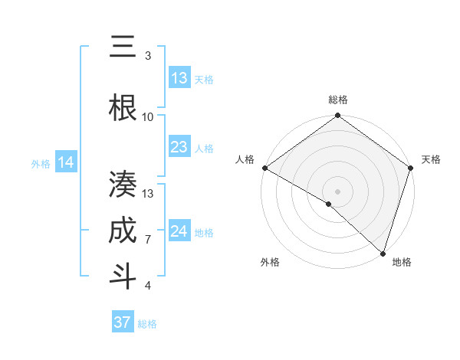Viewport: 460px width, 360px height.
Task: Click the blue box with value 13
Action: pyautogui.click(x=179, y=78)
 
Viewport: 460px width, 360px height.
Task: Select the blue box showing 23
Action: pyautogui.click(x=179, y=147)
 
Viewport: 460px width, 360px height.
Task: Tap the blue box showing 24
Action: pyautogui.click(x=179, y=231)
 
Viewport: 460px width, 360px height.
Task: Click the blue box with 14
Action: pyautogui.click(x=66, y=162)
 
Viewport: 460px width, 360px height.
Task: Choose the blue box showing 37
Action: pyautogui.click(x=122, y=322)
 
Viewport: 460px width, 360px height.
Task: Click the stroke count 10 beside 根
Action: pyautogui.click(x=148, y=116)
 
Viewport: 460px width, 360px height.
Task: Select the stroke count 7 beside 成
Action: pyautogui.click(x=148, y=239)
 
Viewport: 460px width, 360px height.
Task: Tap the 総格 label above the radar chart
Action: pyautogui.click(x=338, y=100)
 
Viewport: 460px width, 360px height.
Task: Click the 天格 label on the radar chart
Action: pyautogui.click(x=431, y=159)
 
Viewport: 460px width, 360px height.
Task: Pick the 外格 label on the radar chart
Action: pyautogui.click(x=270, y=262)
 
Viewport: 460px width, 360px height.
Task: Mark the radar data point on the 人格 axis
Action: pyautogui.click(x=264, y=168)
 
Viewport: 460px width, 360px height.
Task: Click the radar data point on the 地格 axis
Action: pyautogui.click(x=383, y=253)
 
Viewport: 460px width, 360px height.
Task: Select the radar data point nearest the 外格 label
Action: pyautogui.click(x=329, y=204)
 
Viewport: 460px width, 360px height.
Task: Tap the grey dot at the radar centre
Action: pyautogui.click(x=338, y=191)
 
